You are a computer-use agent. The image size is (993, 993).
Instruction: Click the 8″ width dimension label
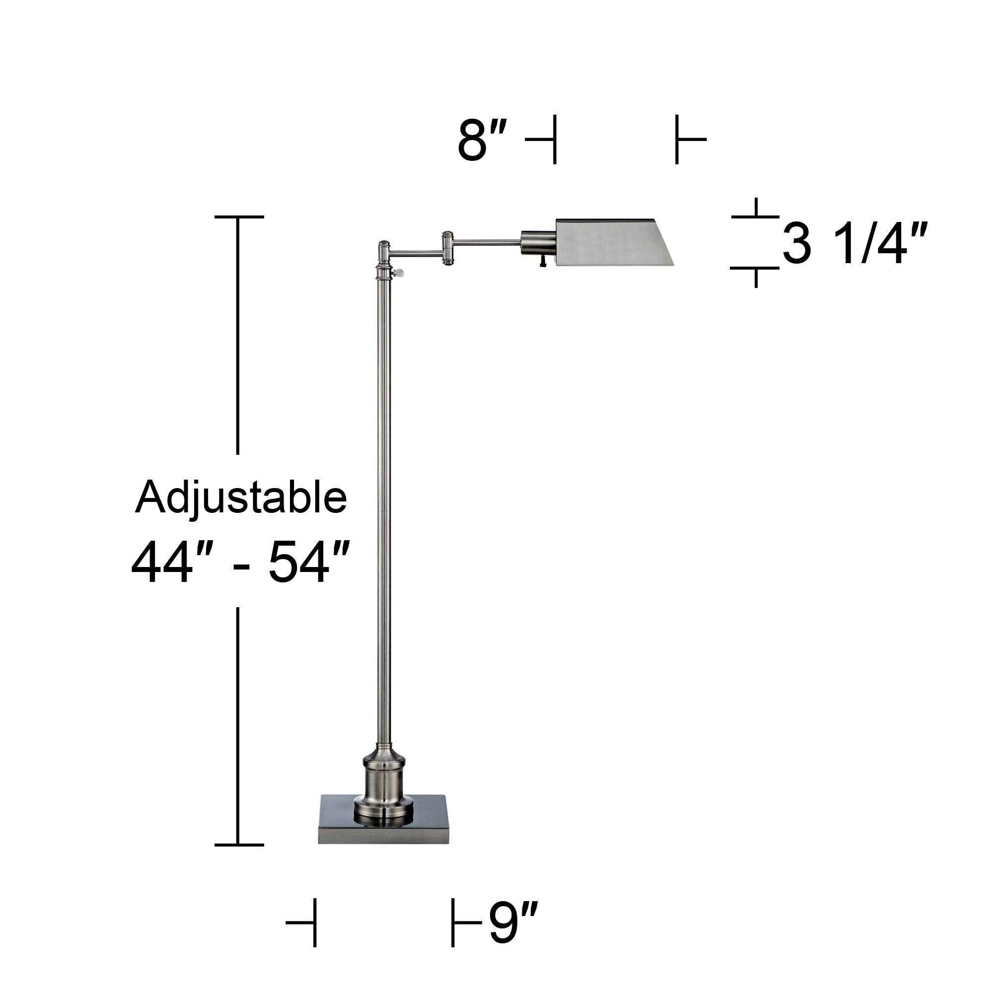tap(482, 140)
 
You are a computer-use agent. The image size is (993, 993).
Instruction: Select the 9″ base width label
tap(512, 923)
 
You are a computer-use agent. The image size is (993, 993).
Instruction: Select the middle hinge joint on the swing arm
tap(448, 248)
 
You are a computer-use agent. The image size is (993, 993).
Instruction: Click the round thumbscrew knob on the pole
tap(399, 273)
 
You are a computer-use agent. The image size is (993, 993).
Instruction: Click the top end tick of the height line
tap(239, 217)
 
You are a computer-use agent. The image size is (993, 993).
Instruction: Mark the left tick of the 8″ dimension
tap(554, 140)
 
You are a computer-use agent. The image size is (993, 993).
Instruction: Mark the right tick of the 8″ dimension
tap(677, 140)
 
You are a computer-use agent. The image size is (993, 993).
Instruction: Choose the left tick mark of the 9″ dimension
tap(314, 922)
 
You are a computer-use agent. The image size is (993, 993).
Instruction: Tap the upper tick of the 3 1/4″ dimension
tap(756, 216)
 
